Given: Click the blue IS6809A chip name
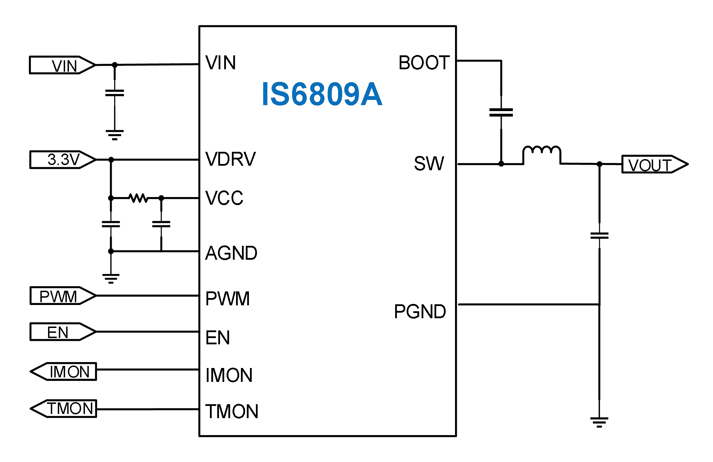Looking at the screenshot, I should click(322, 94).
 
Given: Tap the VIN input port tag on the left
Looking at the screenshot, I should click(62, 65).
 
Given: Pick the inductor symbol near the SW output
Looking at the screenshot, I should click(541, 153).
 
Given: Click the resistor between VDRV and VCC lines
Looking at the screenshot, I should click(138, 198).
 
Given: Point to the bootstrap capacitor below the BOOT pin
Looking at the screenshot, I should click(501, 112).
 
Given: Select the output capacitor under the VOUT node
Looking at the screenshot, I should click(599, 236).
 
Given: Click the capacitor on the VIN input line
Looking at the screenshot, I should click(115, 93).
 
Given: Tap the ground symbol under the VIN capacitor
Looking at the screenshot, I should click(115, 134).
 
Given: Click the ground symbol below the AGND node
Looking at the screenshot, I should click(111, 278).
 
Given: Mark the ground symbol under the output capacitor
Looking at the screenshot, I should click(599, 422).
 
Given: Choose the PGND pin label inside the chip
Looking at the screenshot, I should click(420, 311).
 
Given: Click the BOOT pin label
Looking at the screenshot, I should click(424, 63).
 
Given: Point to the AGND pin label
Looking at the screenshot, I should click(231, 253).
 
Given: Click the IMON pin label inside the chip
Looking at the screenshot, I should click(229, 375).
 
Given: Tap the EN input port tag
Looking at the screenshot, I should click(62, 332).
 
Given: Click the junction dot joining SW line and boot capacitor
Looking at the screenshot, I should click(501, 164).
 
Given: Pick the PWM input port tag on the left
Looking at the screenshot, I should click(62, 296).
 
